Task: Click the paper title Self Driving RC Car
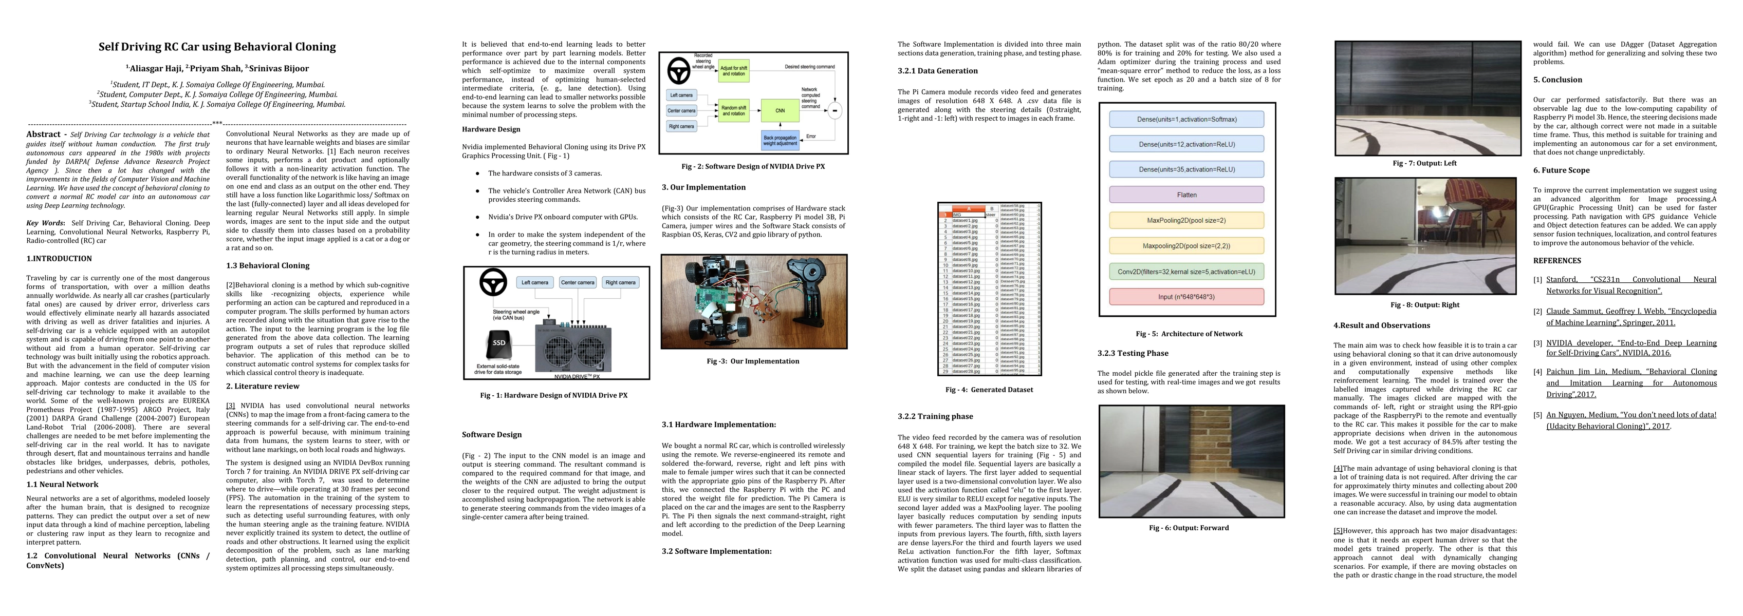(217, 47)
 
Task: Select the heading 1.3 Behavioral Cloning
(267, 266)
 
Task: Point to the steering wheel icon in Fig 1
(493, 283)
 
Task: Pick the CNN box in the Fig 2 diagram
(780, 110)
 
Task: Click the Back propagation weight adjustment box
(780, 140)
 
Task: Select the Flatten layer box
(1186, 195)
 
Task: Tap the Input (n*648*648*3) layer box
(1186, 297)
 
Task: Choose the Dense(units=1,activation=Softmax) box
(1186, 120)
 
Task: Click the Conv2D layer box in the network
(1186, 272)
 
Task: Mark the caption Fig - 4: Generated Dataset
(989, 390)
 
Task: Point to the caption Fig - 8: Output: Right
(1425, 305)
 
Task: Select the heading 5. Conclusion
(1557, 80)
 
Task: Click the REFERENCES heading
(1557, 261)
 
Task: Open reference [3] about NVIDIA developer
(1630, 348)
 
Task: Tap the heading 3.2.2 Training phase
(935, 416)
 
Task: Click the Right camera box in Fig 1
(620, 283)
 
